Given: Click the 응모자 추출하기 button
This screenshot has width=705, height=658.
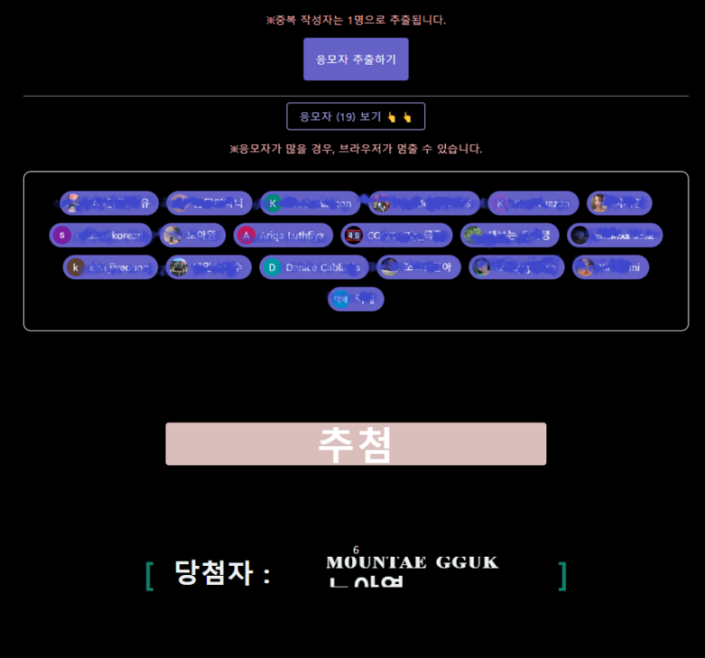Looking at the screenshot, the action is (x=356, y=59).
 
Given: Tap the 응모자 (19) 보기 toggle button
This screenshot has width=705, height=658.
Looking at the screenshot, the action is (x=356, y=117).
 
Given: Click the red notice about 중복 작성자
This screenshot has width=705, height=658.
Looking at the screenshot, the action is (x=356, y=20).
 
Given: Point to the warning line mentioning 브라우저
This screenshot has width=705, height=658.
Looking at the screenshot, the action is (x=356, y=149).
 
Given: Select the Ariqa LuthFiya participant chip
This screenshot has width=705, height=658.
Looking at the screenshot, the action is (x=283, y=235).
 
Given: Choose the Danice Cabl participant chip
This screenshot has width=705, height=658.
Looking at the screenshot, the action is (x=315, y=267).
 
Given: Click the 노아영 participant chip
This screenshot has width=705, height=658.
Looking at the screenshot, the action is (x=192, y=235).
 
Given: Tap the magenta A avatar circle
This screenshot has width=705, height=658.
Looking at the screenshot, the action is (x=245, y=235).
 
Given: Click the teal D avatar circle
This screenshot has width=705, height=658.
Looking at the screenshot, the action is (x=272, y=267).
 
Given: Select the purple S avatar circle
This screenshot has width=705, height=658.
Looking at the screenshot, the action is (x=62, y=235).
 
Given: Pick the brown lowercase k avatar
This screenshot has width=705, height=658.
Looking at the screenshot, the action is (x=76, y=267).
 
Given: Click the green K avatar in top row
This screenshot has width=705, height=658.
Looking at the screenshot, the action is (x=272, y=204).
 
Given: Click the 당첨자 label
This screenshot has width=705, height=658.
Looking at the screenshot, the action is (x=223, y=574).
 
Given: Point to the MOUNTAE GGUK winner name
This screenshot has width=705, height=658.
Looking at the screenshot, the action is (x=412, y=562).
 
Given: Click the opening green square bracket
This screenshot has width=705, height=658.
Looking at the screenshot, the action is (x=150, y=575).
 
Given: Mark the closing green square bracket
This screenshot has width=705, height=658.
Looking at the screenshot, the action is (x=563, y=575).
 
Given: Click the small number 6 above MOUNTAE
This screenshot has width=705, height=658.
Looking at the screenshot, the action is (x=356, y=549).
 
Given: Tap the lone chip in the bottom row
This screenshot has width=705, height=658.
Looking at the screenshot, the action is (x=356, y=299).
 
